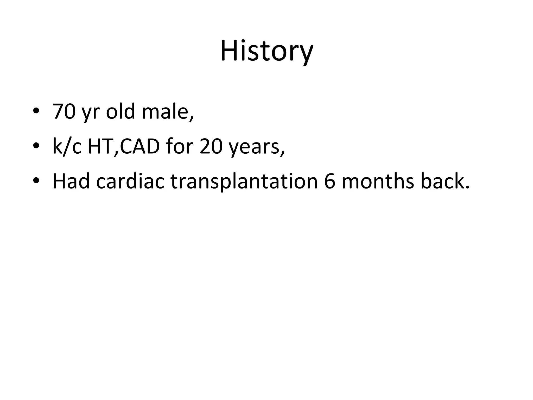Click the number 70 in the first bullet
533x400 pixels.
tap(64, 111)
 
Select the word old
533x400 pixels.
tap(120, 111)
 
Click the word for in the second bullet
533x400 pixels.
tap(180, 146)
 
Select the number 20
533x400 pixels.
tap(211, 146)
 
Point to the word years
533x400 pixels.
tap(255, 147)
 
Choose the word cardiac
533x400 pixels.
tap(130, 181)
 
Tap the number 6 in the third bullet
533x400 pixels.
tap(329, 181)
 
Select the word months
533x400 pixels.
tap(377, 181)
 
